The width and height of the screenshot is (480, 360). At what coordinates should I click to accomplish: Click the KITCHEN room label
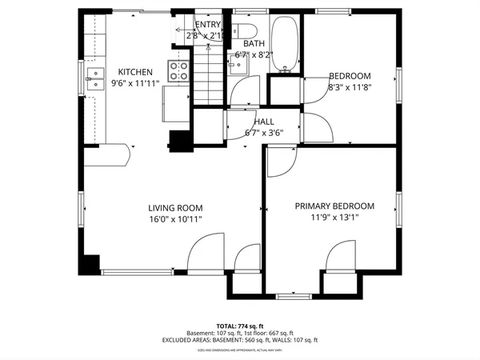point(136,71)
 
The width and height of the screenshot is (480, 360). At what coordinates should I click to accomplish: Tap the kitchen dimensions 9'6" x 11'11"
point(136,82)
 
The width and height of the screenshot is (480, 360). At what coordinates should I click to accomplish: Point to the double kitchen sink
point(96,78)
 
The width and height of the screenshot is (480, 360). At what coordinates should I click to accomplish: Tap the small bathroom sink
point(237,66)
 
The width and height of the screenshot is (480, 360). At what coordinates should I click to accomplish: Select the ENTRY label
point(207,25)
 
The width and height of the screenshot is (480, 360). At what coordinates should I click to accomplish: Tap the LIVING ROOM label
point(175,206)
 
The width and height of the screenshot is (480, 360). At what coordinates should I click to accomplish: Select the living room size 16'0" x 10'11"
point(175,218)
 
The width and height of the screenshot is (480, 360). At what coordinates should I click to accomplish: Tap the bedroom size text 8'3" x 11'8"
point(350,87)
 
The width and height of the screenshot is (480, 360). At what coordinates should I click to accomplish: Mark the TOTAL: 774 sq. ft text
point(239,326)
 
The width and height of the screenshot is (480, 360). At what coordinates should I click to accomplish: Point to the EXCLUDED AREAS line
point(239,340)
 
